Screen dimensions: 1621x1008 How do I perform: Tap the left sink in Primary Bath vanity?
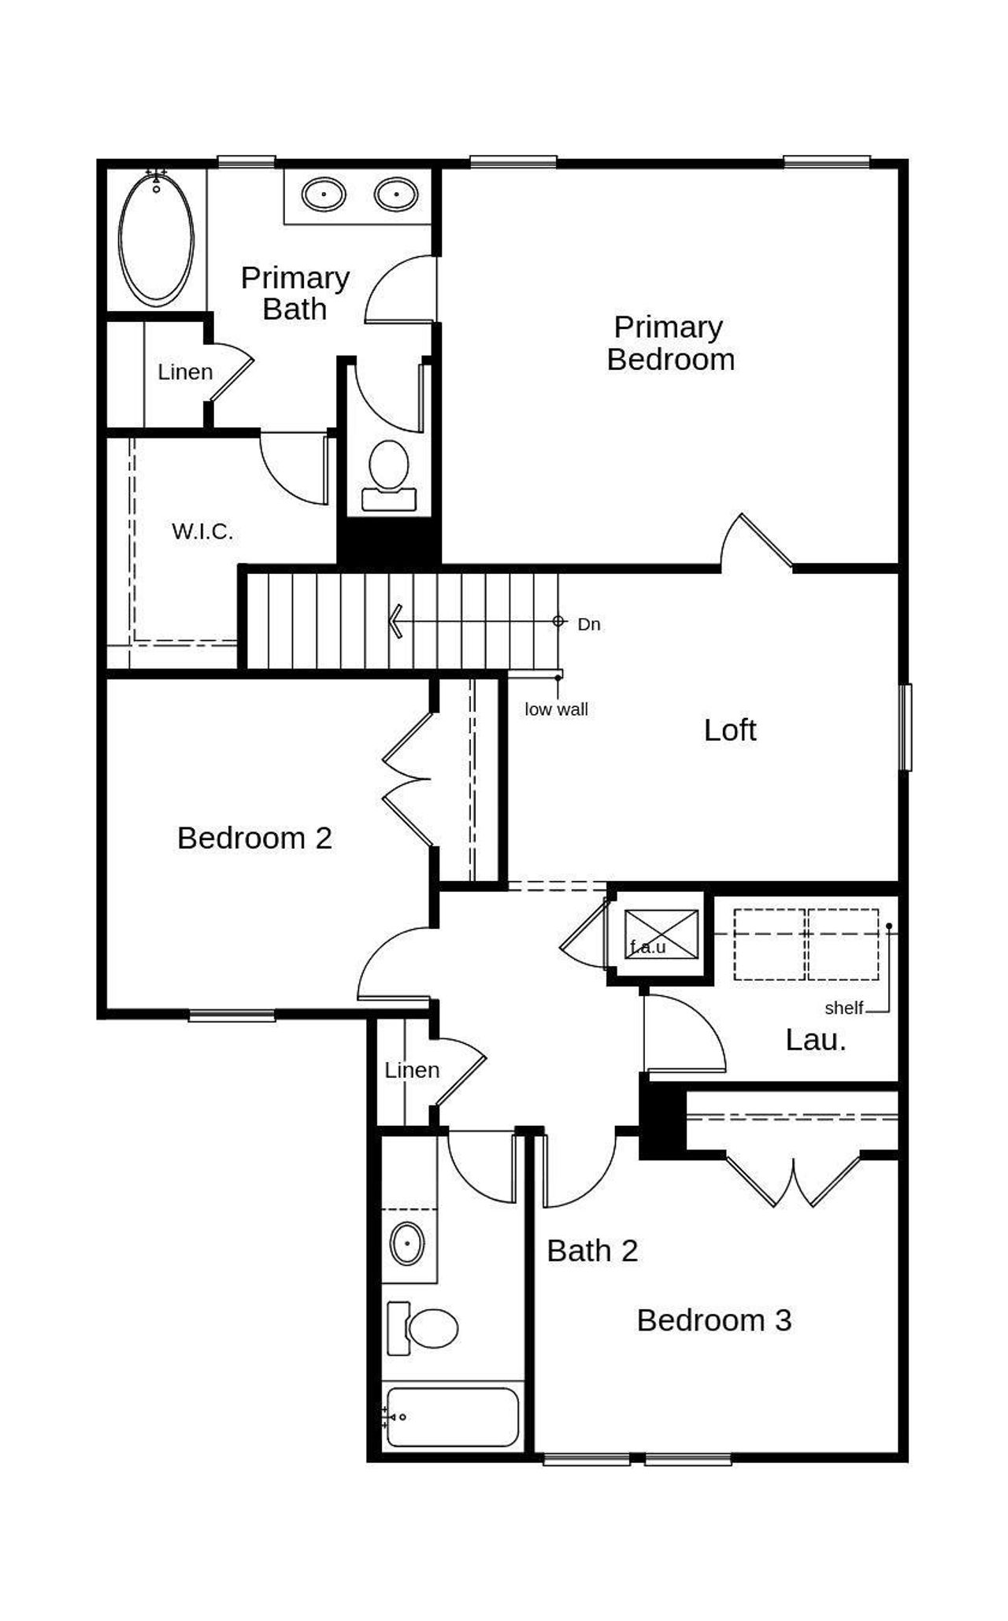tap(324, 194)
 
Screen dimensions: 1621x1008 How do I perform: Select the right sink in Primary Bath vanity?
tap(395, 194)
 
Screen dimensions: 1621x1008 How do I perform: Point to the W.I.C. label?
tap(202, 532)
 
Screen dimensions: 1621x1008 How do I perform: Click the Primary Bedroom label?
tap(670, 343)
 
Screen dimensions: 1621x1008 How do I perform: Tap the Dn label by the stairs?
tap(589, 624)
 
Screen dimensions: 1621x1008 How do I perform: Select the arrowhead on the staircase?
tap(396, 621)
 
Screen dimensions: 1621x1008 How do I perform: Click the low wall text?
tap(556, 709)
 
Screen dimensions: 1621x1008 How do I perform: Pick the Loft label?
tap(730, 731)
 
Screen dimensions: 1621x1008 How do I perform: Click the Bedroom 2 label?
tap(254, 838)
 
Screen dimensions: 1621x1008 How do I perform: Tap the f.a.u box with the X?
tap(661, 934)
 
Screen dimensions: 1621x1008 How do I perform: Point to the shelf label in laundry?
tap(843, 1008)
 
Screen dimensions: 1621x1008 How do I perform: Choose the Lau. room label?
tap(815, 1040)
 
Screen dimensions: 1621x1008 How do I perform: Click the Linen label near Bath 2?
tap(412, 1070)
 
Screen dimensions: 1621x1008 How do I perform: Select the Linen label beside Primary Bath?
tap(185, 372)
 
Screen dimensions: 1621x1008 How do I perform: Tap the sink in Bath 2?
tap(407, 1243)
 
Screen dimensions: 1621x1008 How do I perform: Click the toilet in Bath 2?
tap(425, 1328)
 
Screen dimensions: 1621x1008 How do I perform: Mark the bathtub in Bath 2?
tap(453, 1417)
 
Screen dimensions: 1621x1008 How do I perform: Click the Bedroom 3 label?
tap(713, 1320)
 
